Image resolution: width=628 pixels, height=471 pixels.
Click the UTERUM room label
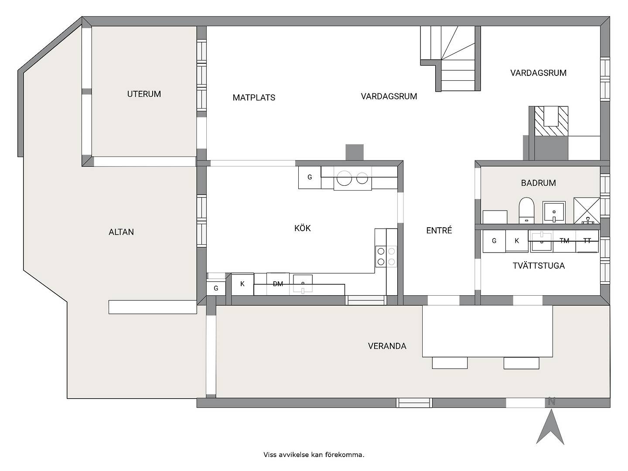pos(144,94)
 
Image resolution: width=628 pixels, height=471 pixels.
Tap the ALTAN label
pos(121,232)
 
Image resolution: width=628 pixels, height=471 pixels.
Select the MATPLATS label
pos(254,98)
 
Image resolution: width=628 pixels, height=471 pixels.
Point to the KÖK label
pos(302,228)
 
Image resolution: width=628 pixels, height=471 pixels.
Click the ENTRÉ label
pos(439,230)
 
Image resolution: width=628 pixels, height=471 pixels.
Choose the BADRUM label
pos(538,183)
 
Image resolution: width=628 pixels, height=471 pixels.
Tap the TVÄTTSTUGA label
pos(539,265)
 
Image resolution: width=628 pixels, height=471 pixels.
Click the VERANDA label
pos(387,346)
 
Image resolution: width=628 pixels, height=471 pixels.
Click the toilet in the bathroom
pos(526,210)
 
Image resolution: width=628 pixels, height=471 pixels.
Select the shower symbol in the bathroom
pos(587,211)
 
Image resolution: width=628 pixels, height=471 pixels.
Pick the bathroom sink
pos(554,212)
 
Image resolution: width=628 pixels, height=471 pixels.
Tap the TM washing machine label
pos(564,241)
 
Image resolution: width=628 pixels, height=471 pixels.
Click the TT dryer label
pos(587,241)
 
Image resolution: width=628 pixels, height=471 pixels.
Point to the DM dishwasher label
pos(278,283)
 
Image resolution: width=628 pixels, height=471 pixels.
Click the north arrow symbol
pos(550,427)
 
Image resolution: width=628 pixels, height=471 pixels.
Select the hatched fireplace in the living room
pos(551,121)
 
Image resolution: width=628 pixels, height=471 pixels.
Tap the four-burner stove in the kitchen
pos(386,256)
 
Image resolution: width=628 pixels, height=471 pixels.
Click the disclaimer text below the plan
pos(314,454)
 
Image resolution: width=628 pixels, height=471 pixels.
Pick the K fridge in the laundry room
pos(517,241)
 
